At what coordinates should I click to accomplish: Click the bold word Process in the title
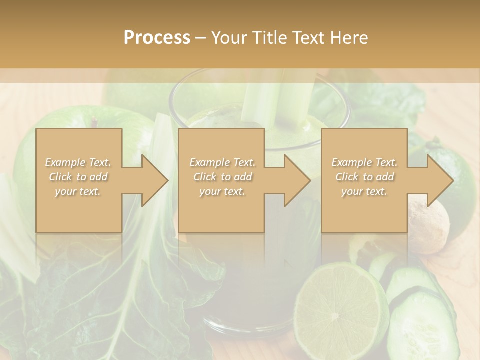[x=157, y=38]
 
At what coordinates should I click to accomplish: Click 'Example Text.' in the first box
[x=78, y=162]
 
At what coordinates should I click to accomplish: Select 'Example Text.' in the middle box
[x=222, y=162]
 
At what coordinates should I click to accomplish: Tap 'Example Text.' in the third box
[x=364, y=162]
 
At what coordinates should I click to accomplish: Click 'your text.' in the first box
[x=78, y=191]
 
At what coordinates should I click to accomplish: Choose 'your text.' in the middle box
[x=222, y=191]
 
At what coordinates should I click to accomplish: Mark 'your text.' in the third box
[x=364, y=191]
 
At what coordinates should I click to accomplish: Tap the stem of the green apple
[x=94, y=121]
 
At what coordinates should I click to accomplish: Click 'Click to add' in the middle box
[x=222, y=177]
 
